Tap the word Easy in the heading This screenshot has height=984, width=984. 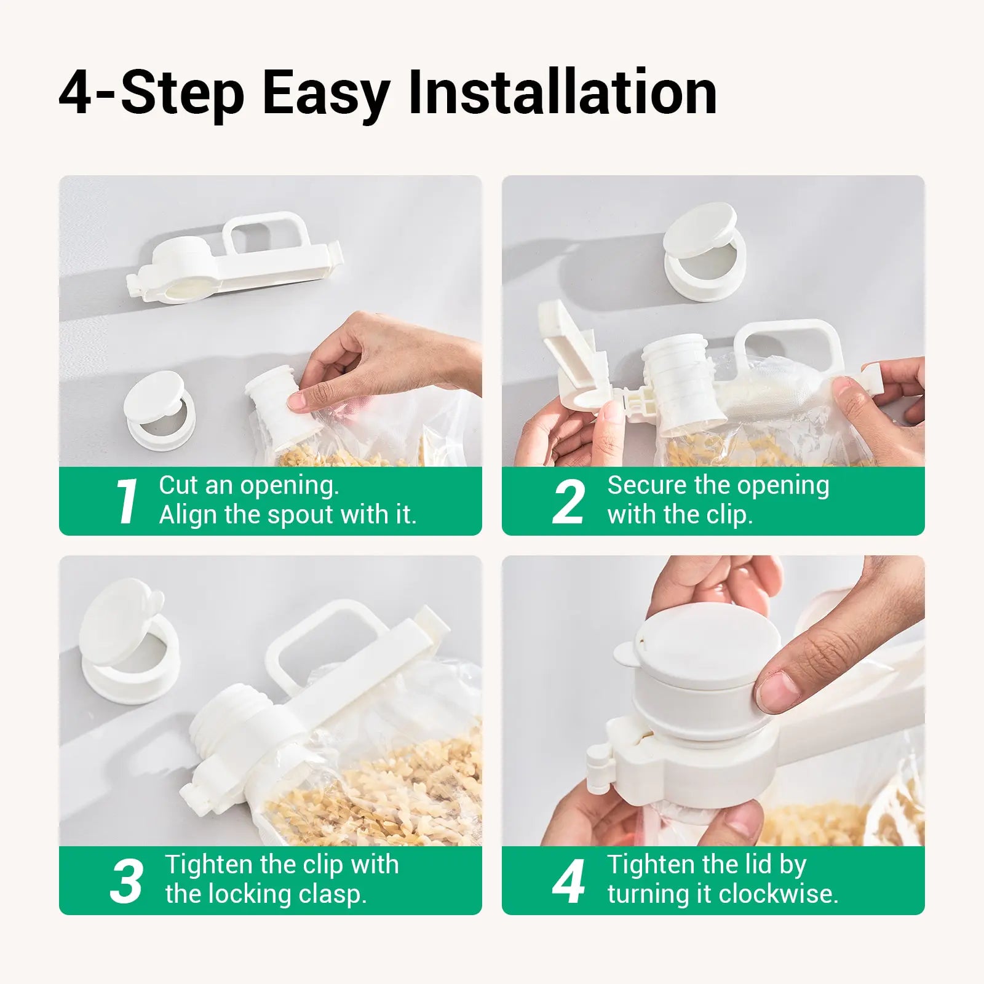pos(326,93)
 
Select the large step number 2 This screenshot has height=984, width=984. pos(568,501)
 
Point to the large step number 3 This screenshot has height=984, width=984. pos(127,881)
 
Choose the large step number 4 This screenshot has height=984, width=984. pos(568,881)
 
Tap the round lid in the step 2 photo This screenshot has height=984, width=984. pos(699,231)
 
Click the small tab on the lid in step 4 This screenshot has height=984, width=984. pos(627,653)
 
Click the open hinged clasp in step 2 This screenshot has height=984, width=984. pos(566,351)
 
